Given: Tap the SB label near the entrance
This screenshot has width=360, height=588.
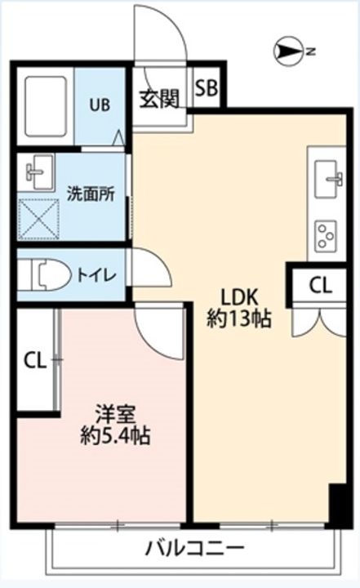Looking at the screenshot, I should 206,88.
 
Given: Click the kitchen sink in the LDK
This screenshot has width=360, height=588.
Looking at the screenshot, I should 330,176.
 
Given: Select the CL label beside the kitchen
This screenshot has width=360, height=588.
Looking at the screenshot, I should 321,285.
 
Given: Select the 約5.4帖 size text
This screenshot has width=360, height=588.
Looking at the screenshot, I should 114,436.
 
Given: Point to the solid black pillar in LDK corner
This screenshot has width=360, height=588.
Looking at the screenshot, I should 336,504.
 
